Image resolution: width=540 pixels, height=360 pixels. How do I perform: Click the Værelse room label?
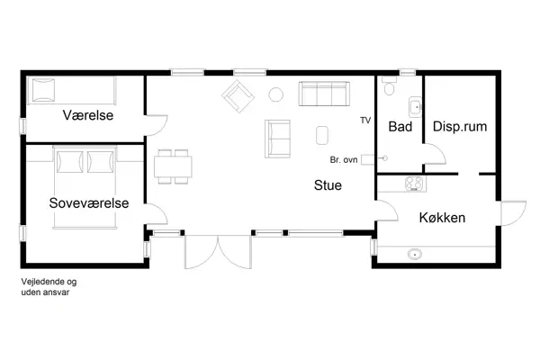pos(87,116)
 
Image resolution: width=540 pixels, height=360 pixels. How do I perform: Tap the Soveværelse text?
pos(89,203)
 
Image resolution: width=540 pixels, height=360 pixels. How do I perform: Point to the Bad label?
pos(400,127)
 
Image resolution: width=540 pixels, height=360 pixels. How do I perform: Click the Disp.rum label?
pos(460,127)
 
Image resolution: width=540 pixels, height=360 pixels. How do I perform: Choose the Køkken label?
pos(442,218)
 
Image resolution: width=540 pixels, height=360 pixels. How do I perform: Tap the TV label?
pos(364,120)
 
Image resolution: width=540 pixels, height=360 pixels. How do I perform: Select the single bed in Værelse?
pos(71,91)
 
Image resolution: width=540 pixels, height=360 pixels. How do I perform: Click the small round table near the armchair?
pos(276,93)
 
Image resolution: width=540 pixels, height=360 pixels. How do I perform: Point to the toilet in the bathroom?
pos(389,87)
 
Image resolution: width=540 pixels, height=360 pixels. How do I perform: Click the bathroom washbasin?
pos(414,108)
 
